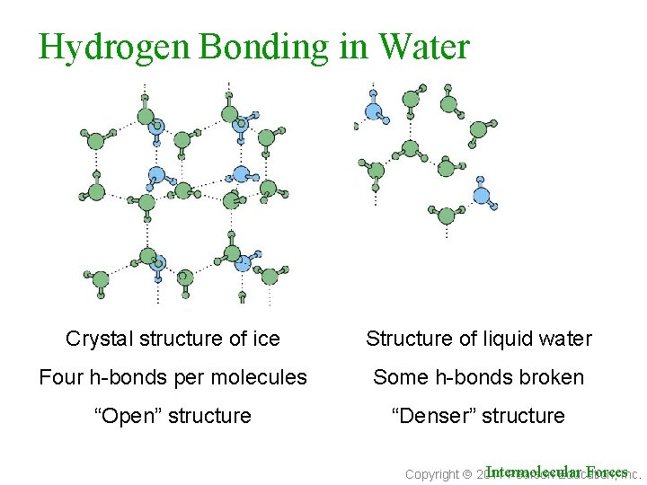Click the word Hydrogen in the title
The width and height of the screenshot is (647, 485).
[113, 48]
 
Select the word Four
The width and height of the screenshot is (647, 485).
[60, 377]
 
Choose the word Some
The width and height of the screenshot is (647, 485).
[400, 377]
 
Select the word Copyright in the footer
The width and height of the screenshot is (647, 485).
[432, 474]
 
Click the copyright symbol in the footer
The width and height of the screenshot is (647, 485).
[467, 474]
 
